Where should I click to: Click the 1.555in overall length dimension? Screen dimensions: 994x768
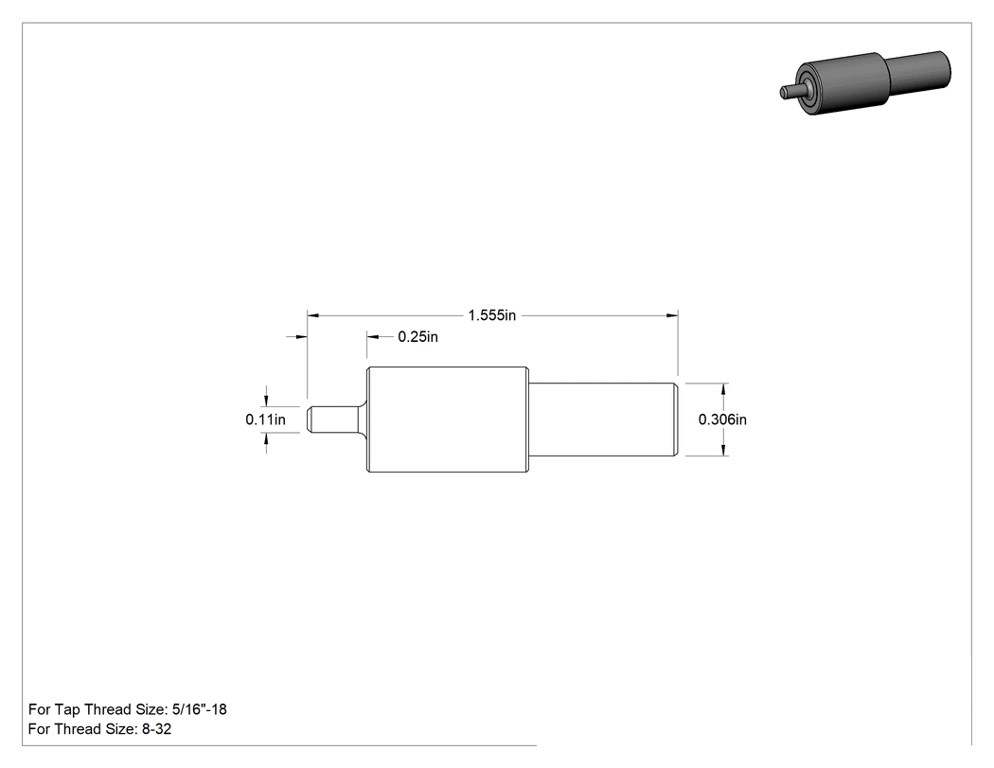tap(492, 315)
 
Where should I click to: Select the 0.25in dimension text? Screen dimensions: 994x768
tap(417, 337)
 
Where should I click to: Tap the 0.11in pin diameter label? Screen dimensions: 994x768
tap(266, 420)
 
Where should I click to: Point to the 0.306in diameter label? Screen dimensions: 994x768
tap(722, 420)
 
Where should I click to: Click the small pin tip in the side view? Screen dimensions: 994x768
tap(332, 420)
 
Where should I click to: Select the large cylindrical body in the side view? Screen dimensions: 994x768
tap(448, 420)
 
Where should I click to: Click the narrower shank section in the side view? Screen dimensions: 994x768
tap(603, 420)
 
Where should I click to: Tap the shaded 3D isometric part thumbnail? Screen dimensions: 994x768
tap(865, 82)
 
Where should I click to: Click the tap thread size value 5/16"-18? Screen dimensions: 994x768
tap(200, 709)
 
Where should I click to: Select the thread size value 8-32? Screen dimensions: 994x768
tap(156, 728)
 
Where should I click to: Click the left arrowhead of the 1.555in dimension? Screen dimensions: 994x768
tap(312, 315)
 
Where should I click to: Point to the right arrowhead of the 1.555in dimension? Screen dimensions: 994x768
tap(672, 315)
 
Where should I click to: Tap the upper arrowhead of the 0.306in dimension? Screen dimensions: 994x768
tap(723, 388)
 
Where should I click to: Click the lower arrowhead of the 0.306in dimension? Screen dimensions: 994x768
tap(723, 450)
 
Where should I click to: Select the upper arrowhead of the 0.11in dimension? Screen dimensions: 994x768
tap(266, 401)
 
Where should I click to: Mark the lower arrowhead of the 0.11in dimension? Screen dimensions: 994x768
tap(266, 438)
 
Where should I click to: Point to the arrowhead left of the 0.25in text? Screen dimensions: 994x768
tap(372, 337)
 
